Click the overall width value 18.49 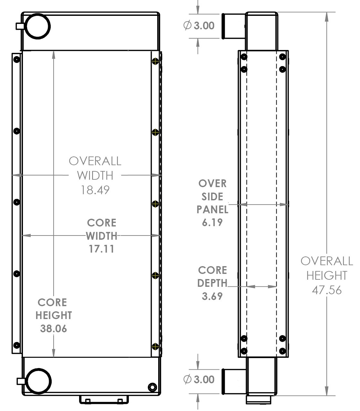(95, 190)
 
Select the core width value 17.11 (101, 249)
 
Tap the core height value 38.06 (54, 328)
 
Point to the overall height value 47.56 (326, 290)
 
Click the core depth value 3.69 (212, 296)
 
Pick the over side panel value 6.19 (212, 222)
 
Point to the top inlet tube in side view (233, 26)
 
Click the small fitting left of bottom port (21, 381)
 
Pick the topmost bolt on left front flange (16, 59)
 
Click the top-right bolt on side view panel (283, 57)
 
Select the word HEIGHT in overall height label (326, 276)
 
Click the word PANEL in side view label (212, 209)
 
